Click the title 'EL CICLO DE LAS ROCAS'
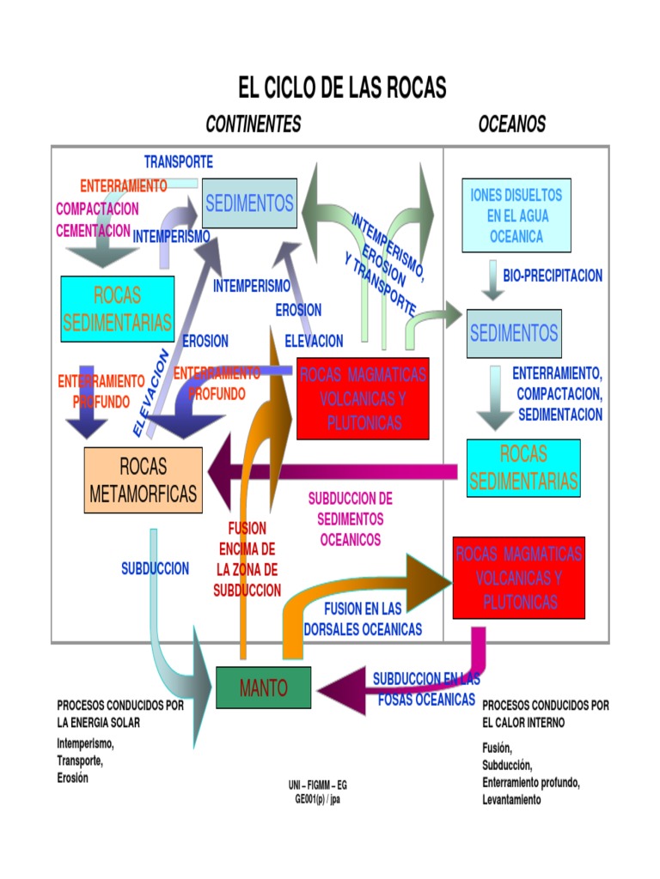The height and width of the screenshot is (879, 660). click(x=342, y=88)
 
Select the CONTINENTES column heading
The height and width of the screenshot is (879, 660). click(x=254, y=124)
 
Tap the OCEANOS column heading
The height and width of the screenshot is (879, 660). click(x=512, y=124)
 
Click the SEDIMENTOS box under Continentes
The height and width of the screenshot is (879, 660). click(x=249, y=203)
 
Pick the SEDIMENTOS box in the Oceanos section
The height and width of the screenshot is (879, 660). click(x=514, y=333)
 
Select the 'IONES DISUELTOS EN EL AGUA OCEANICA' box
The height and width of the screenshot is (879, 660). click(x=516, y=215)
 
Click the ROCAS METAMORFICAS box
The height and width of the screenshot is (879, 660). click(x=144, y=480)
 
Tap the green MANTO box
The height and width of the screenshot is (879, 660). click(x=264, y=688)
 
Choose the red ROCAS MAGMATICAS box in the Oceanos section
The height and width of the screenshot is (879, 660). click(x=518, y=578)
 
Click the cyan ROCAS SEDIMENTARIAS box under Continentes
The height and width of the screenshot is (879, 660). click(x=118, y=309)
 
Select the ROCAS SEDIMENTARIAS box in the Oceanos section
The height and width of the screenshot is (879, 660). click(x=523, y=468)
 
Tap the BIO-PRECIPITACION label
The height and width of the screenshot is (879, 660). click(x=553, y=276)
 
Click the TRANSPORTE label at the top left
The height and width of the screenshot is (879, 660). click(x=179, y=161)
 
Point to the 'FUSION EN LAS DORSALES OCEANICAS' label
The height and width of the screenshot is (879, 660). click(x=363, y=619)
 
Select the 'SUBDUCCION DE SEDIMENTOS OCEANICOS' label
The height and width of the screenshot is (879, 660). click(x=350, y=519)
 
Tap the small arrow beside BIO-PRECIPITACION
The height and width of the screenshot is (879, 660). click(x=492, y=281)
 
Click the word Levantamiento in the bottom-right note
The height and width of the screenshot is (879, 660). click(x=511, y=799)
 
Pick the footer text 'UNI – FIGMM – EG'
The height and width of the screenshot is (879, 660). click(x=318, y=785)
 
